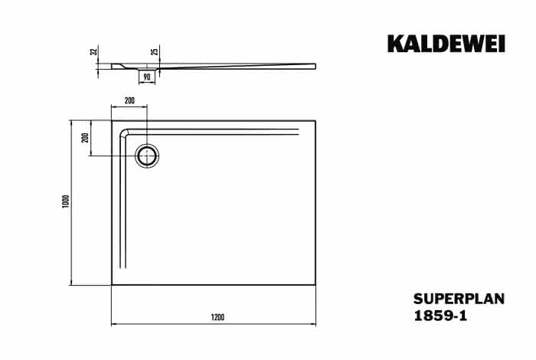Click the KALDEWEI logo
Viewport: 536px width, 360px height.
point(446,44)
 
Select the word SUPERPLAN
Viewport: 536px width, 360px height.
point(459,299)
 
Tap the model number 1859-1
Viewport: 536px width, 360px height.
point(440,316)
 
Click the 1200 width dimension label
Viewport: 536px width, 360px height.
point(217,317)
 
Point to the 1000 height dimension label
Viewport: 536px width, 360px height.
point(66,201)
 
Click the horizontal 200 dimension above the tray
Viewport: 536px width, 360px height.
point(129,100)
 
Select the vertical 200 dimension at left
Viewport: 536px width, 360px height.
point(86,137)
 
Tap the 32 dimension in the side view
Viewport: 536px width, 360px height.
point(93,51)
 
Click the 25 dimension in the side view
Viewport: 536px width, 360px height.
point(155,51)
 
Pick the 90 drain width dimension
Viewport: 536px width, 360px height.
point(147,77)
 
